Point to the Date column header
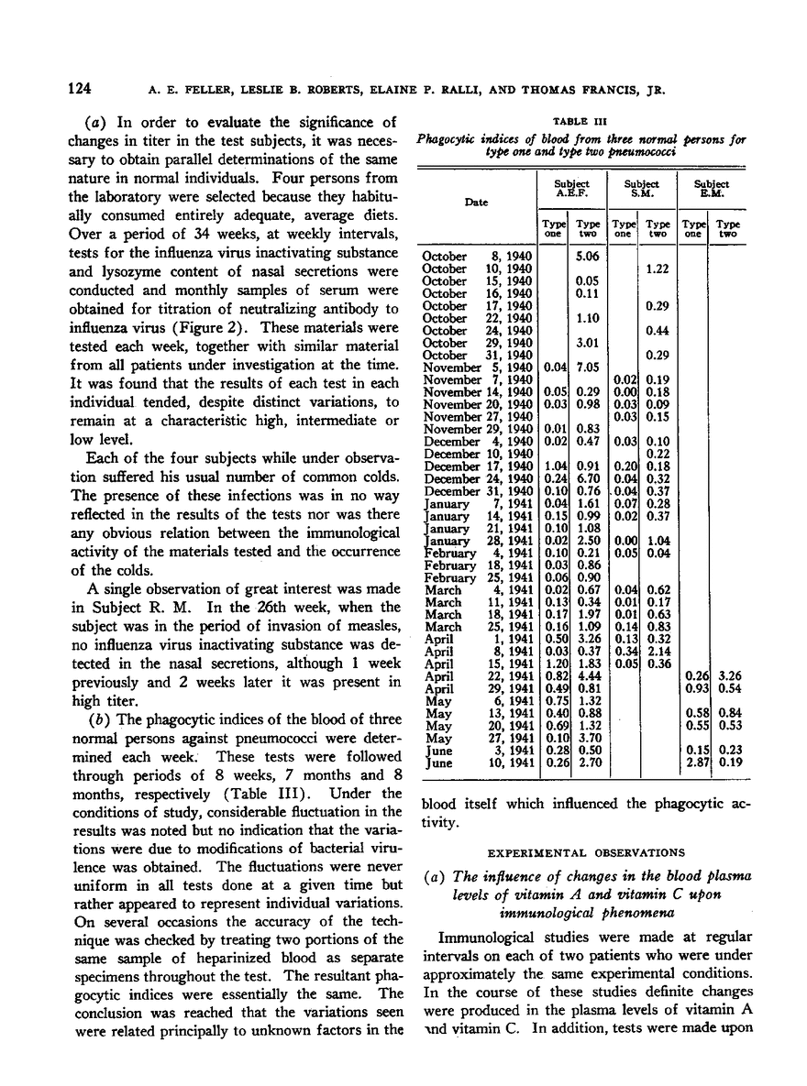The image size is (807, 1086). (x=476, y=202)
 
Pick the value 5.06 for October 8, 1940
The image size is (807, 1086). (x=588, y=257)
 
